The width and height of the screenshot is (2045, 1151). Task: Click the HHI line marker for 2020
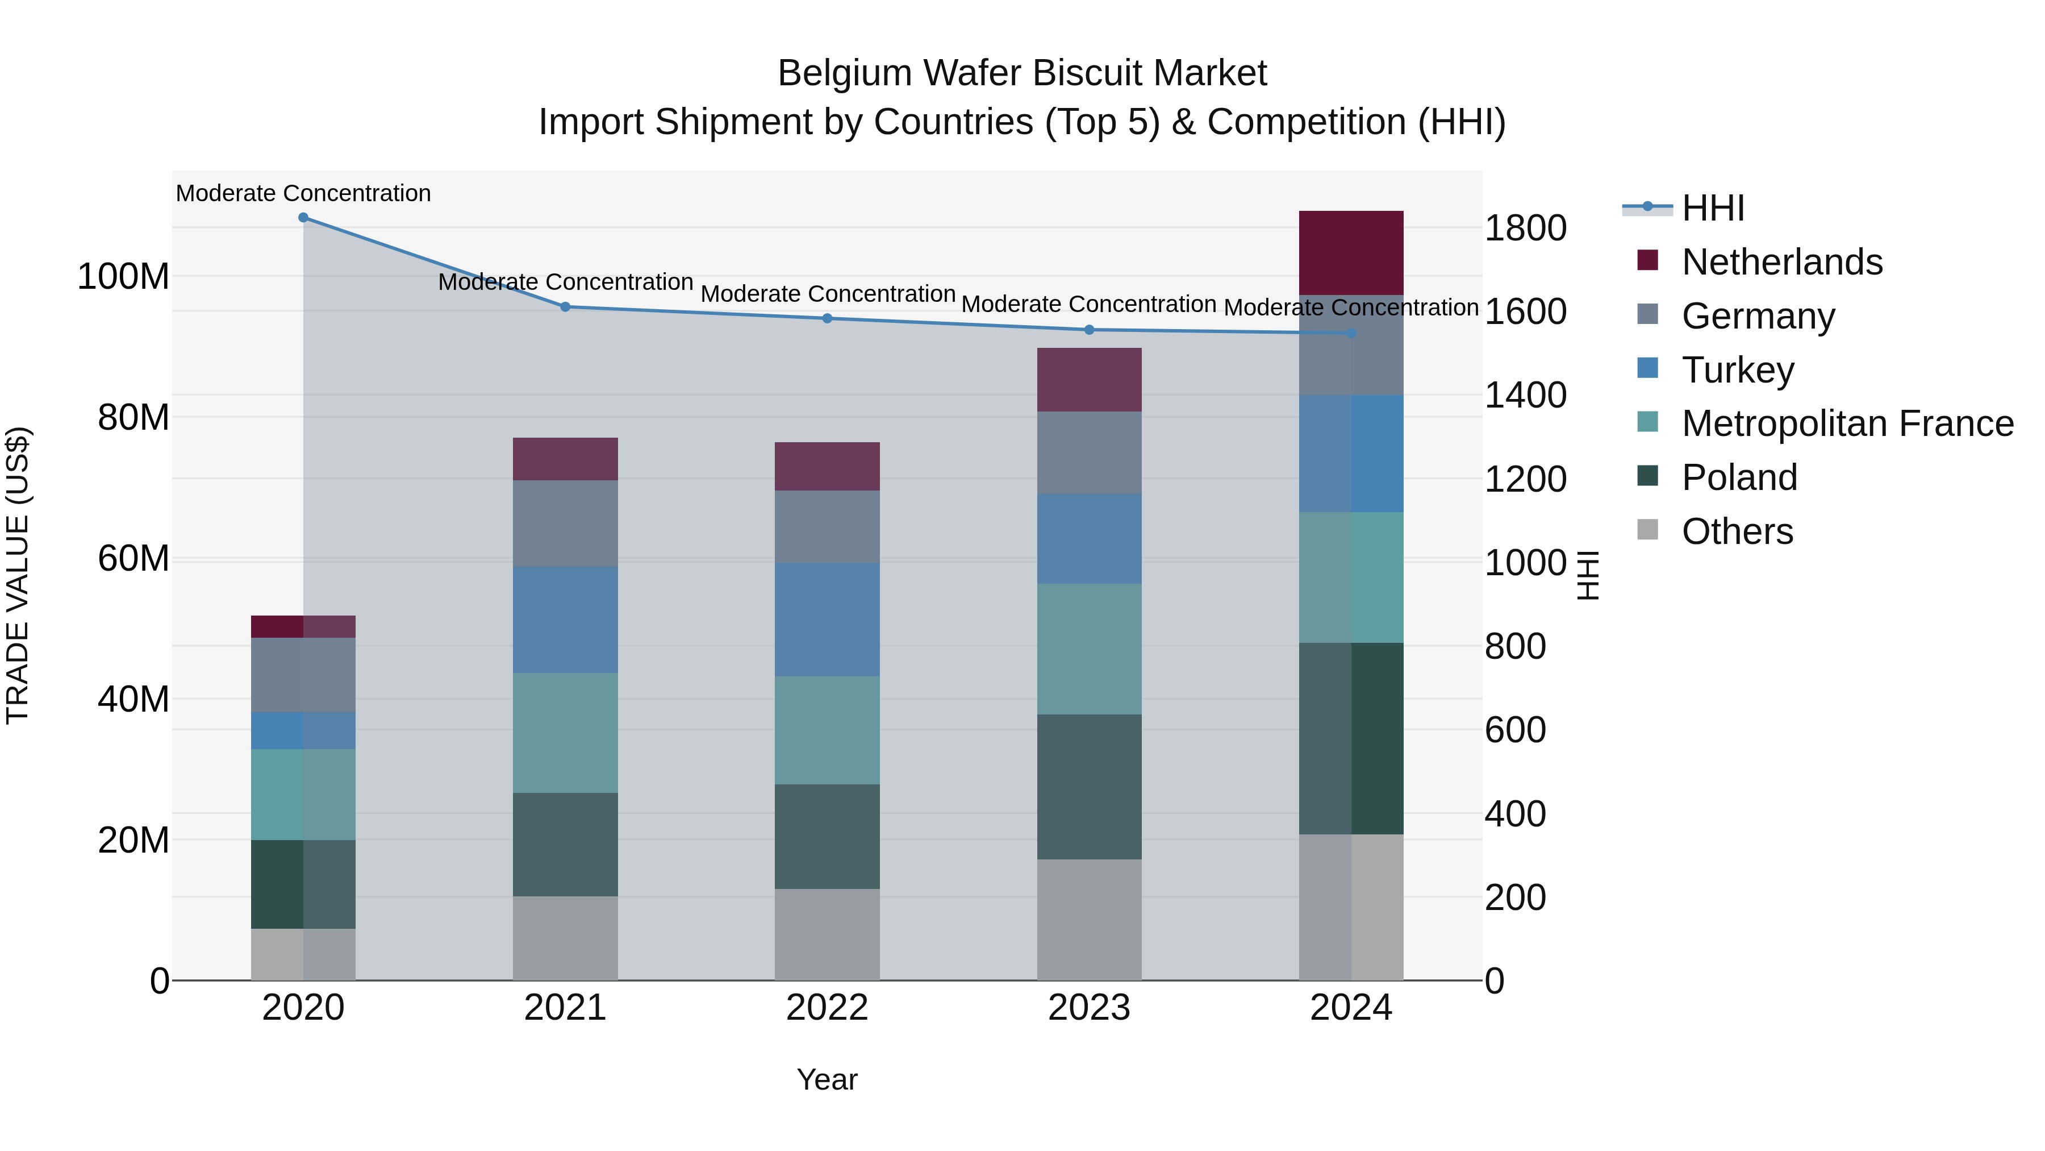coord(303,218)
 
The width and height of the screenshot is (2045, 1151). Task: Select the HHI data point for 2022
coord(827,318)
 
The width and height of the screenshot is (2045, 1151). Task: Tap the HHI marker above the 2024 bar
coord(1351,333)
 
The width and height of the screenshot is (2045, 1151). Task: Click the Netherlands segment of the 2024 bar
coord(1351,252)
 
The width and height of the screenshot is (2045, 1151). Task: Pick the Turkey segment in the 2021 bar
coord(565,620)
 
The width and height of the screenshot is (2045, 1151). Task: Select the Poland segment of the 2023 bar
coord(1089,787)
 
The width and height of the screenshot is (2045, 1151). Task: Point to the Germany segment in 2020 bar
coord(303,675)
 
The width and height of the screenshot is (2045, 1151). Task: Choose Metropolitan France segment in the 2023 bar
coord(1089,649)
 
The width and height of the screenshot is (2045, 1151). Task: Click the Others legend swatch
coord(1648,530)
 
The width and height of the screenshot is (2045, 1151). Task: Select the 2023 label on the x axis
coord(1089,1008)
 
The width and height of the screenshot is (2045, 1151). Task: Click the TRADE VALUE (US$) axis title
coord(18,575)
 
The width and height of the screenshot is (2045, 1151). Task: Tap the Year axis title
coord(827,1079)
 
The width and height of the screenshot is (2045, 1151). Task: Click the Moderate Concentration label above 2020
coord(303,193)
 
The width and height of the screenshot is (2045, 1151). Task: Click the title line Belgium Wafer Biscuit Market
coord(1022,73)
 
